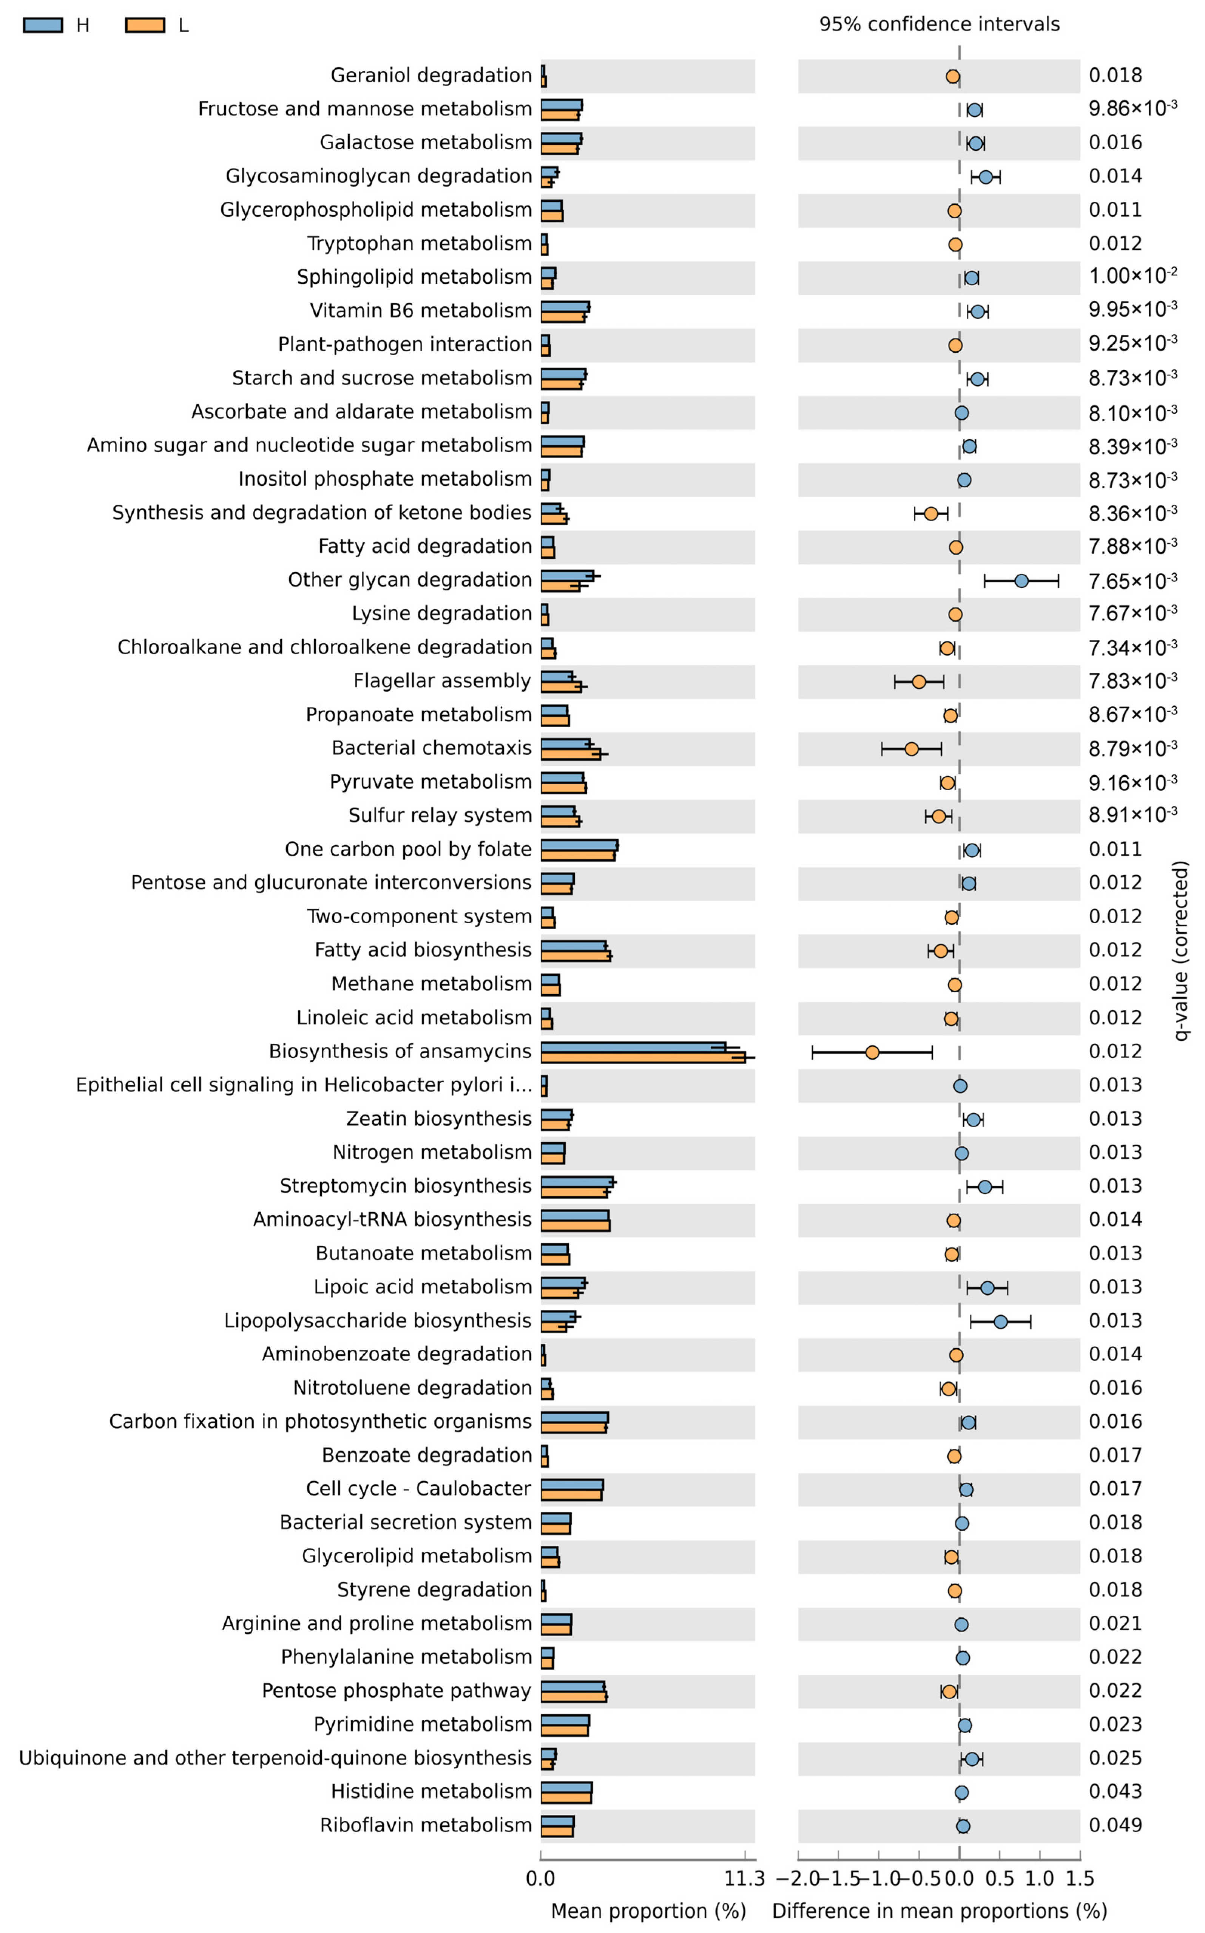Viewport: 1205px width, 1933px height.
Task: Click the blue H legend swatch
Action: (x=43, y=25)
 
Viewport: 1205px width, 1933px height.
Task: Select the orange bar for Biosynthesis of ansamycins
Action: (x=642, y=1057)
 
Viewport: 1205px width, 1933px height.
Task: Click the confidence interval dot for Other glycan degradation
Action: (x=1021, y=581)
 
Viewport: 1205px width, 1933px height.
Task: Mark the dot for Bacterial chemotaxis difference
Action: (x=911, y=748)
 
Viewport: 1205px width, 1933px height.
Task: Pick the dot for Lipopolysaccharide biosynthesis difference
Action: (x=1000, y=1322)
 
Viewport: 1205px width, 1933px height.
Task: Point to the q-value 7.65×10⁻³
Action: (x=1132, y=581)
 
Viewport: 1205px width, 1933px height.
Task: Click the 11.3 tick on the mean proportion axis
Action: (x=744, y=1879)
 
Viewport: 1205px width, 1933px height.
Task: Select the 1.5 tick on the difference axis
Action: (x=1080, y=1879)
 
